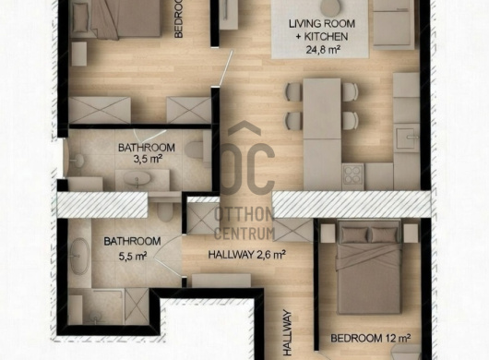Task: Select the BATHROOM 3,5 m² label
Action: [x=146, y=153]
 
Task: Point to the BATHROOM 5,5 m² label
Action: [x=132, y=248]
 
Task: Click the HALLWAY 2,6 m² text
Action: [x=246, y=255]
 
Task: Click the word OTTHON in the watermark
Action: [x=245, y=213]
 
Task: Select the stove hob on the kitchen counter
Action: [x=354, y=174]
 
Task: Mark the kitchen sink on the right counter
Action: [x=405, y=138]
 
